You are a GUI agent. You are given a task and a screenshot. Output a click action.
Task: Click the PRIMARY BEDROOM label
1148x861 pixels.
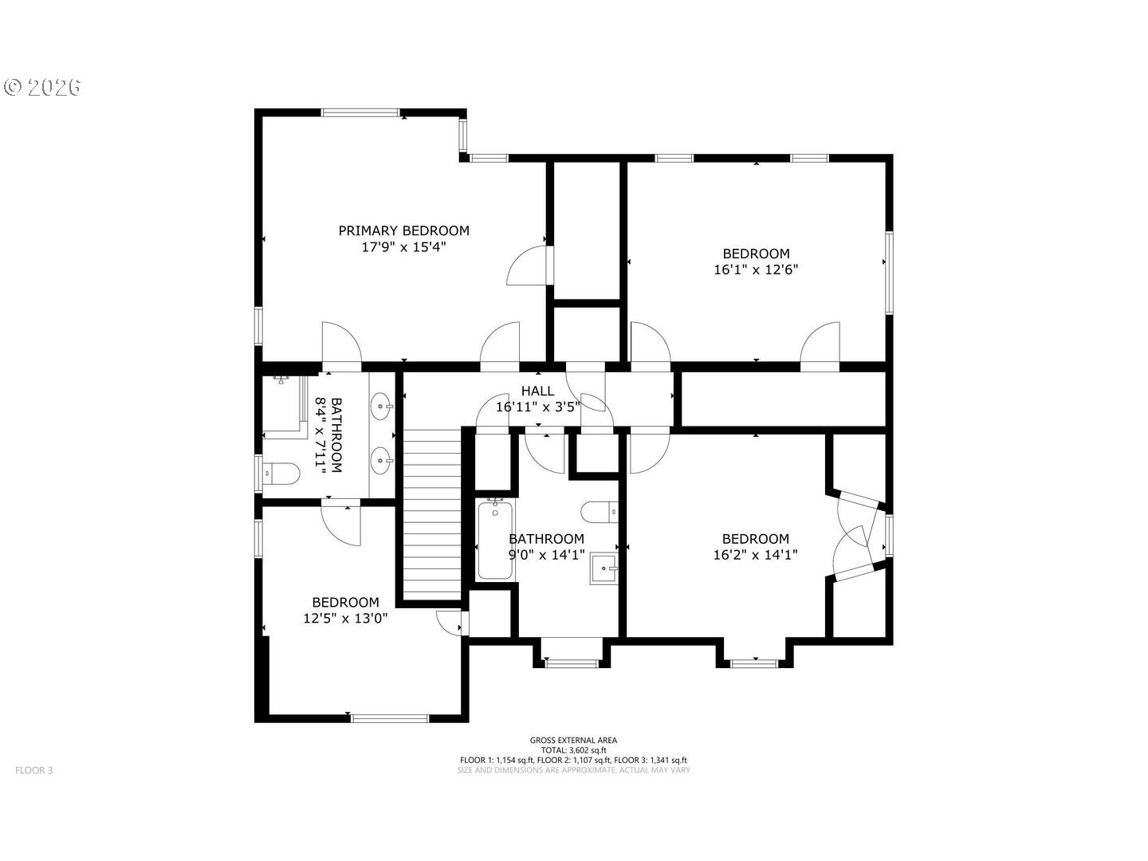click(403, 230)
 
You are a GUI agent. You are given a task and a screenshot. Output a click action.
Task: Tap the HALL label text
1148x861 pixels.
click(537, 391)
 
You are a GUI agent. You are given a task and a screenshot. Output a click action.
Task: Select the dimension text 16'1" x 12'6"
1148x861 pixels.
click(756, 269)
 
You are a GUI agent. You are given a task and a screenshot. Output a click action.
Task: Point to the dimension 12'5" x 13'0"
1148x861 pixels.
click(345, 619)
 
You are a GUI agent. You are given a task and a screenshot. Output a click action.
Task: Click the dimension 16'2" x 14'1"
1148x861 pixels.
click(755, 555)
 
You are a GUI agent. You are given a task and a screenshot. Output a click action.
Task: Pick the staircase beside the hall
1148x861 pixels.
click(432, 515)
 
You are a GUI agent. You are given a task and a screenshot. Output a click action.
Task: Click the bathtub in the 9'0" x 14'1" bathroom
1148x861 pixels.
click(495, 538)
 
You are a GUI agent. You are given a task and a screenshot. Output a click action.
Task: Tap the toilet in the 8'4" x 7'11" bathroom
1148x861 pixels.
click(281, 473)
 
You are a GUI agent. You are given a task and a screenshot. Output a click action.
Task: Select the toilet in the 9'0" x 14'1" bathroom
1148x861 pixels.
click(600, 512)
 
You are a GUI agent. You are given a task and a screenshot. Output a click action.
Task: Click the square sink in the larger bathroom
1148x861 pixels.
click(604, 568)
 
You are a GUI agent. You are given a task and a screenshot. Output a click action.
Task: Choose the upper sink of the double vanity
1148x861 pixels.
click(381, 406)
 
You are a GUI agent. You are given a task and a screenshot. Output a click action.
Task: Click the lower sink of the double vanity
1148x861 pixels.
click(381, 461)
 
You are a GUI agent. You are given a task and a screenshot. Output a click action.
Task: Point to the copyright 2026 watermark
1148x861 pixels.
click(41, 87)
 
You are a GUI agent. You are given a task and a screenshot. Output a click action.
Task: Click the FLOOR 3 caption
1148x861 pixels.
click(34, 770)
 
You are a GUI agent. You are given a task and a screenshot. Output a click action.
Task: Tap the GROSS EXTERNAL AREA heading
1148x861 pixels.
click(573, 740)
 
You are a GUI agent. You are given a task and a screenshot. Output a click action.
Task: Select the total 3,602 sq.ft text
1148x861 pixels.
click(573, 750)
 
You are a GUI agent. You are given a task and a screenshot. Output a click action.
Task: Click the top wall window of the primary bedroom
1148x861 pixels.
click(360, 112)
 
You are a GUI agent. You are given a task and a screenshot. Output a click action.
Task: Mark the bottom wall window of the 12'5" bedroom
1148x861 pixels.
click(390, 719)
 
